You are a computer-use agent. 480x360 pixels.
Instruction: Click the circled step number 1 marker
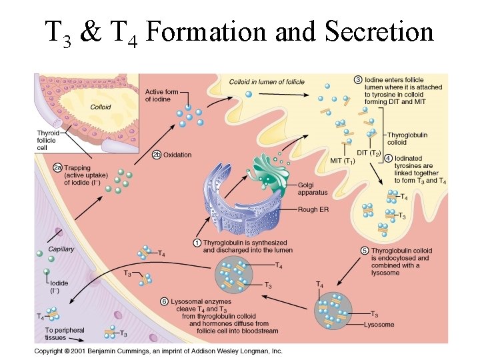point(197,243)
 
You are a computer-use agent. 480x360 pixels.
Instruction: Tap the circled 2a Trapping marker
point(59,169)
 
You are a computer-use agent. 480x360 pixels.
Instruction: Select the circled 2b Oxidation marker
point(156,155)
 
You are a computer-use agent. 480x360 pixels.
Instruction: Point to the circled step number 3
point(358,80)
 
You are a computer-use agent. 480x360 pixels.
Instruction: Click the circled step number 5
point(365,251)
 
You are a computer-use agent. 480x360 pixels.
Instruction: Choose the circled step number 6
point(165,301)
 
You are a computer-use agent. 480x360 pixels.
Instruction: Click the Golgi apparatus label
point(313,188)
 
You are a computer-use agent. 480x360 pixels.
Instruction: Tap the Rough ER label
point(313,209)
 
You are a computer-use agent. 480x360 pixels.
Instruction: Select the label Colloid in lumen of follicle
point(267,82)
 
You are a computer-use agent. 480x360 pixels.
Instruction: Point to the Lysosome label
point(379,325)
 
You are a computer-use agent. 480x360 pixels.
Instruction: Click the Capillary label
point(61,249)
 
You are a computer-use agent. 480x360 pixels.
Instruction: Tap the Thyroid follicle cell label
point(47,140)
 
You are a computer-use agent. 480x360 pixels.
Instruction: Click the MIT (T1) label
point(343,161)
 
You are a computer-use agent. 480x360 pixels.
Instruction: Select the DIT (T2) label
point(368,153)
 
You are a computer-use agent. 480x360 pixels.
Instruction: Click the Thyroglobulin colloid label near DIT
point(407,139)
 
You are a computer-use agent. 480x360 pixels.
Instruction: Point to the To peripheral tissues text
point(65,334)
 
